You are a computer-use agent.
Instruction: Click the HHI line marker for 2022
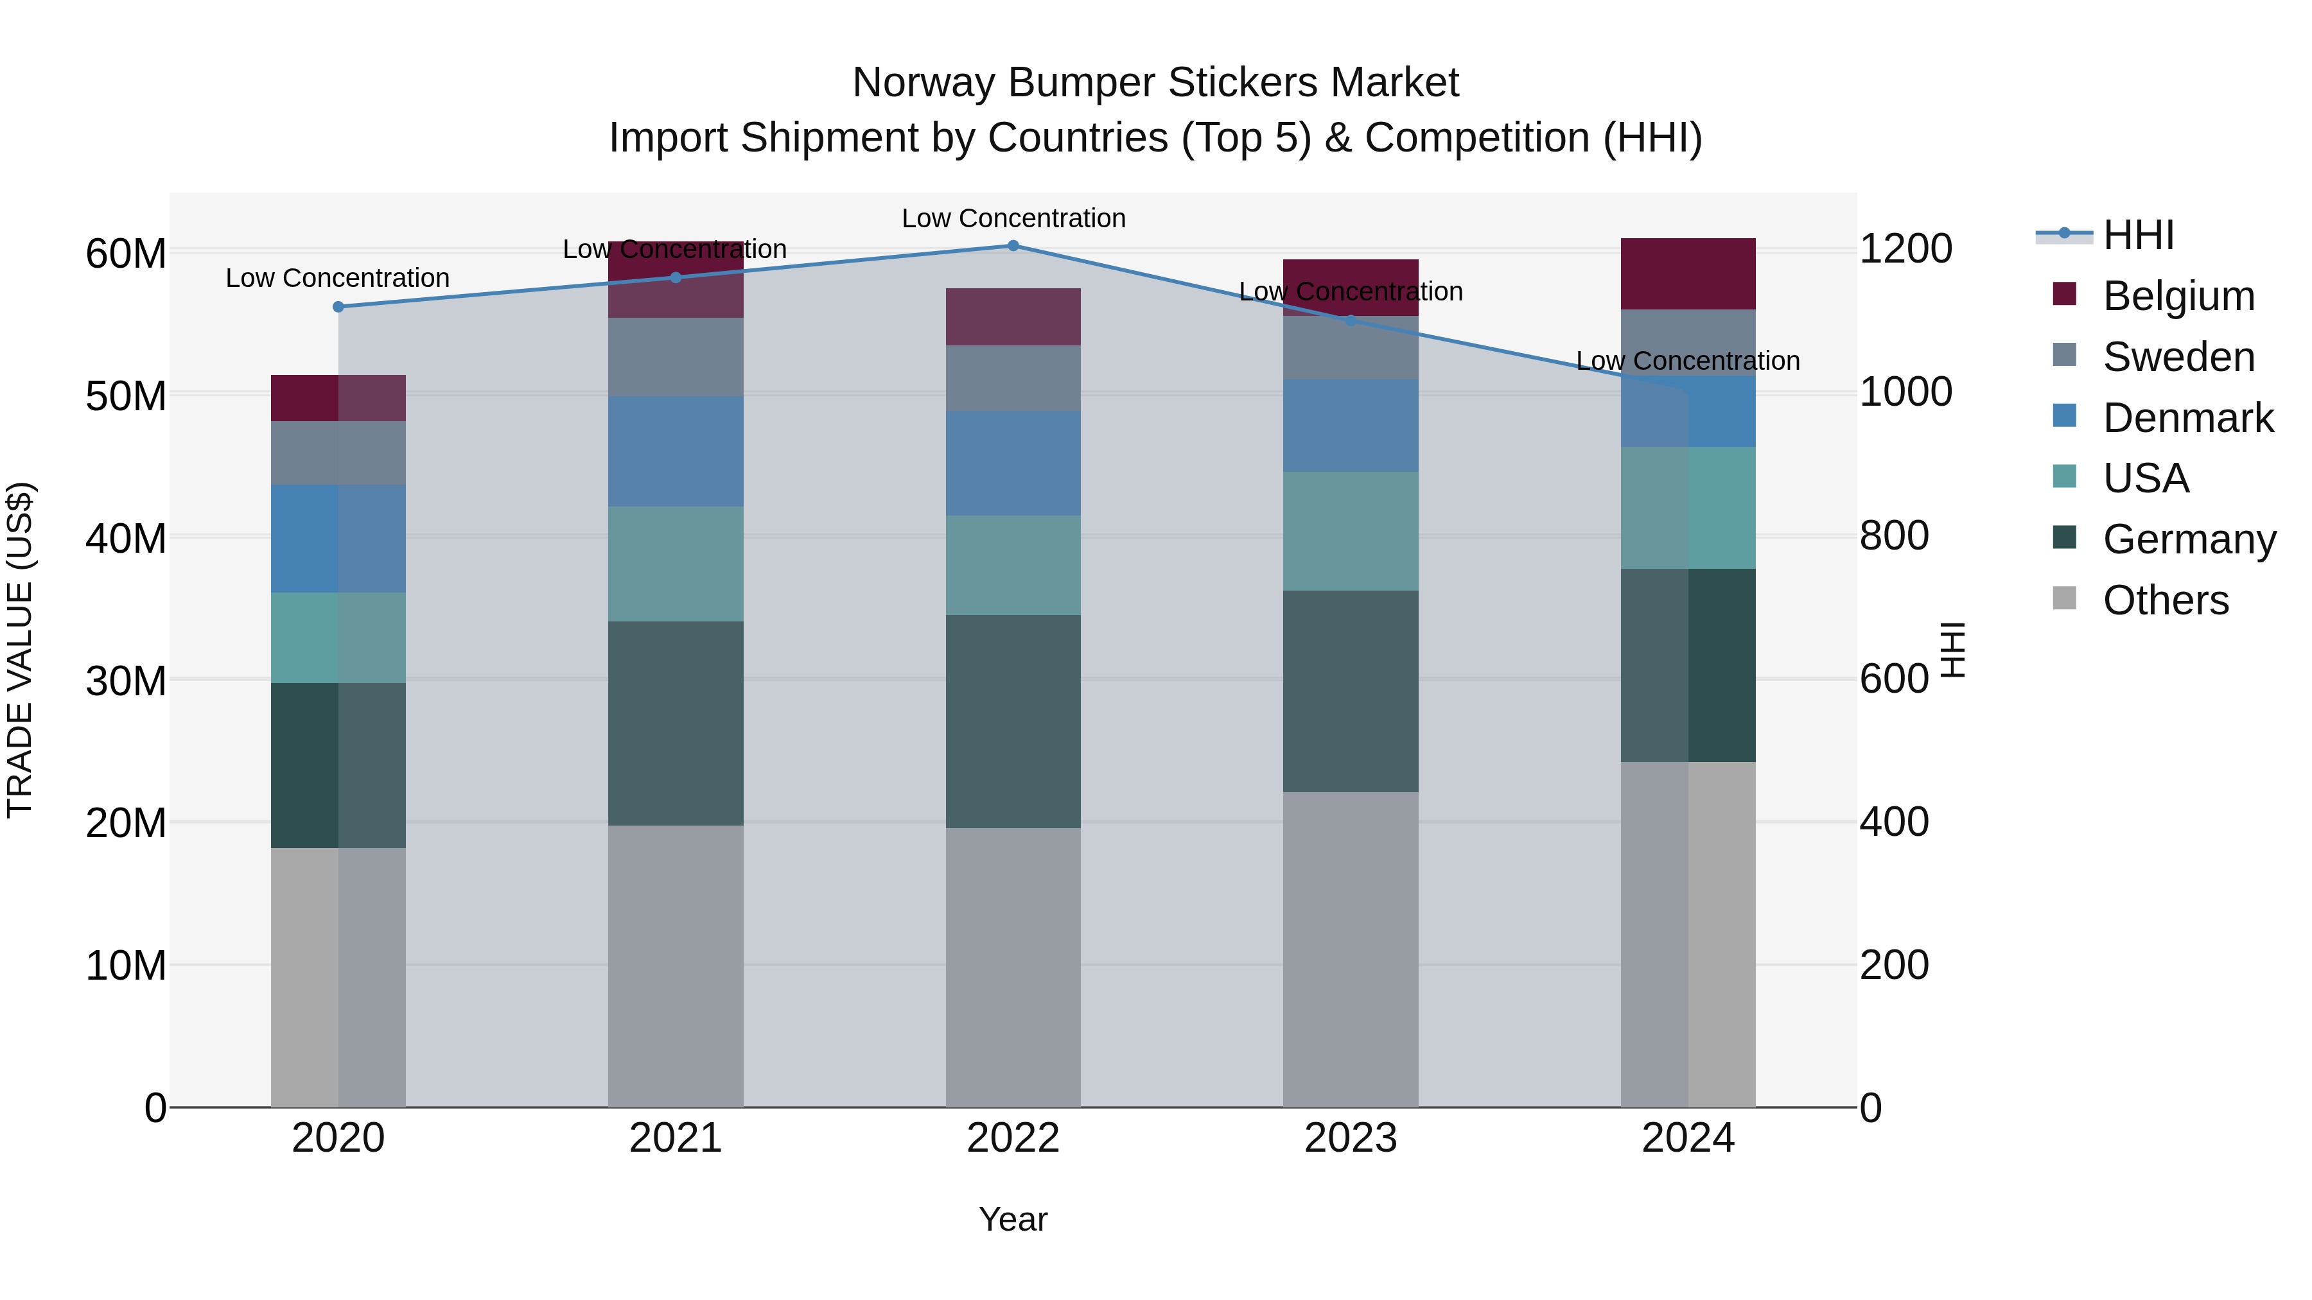(x=1013, y=246)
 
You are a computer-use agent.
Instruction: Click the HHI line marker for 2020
(x=338, y=307)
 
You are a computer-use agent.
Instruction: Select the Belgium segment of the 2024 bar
(x=1687, y=273)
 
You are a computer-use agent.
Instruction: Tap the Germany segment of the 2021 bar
(x=676, y=723)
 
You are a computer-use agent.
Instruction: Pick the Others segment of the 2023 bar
(x=1350, y=949)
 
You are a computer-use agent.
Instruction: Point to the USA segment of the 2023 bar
(x=1350, y=531)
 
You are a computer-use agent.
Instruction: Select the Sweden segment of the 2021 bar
(x=676, y=357)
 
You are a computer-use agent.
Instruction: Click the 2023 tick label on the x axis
(x=1350, y=1138)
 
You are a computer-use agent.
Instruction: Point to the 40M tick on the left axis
(x=126, y=539)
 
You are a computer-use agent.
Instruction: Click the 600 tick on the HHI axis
(x=1894, y=679)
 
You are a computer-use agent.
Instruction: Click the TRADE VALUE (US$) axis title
(x=20, y=650)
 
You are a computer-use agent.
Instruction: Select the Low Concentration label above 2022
(x=1013, y=218)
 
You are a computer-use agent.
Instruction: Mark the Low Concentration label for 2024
(x=1687, y=361)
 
